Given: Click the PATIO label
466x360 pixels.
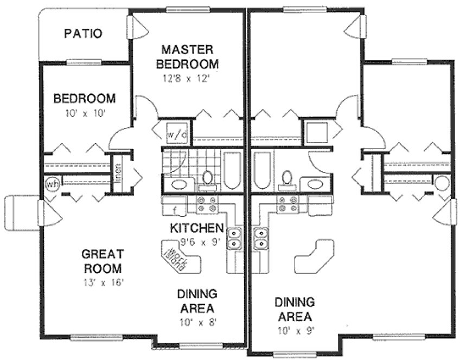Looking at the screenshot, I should [82, 34].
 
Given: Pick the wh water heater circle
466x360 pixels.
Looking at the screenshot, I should [53, 184].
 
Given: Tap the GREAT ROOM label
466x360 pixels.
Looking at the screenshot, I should [102, 261].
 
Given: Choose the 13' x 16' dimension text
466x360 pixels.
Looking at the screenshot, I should [102, 282].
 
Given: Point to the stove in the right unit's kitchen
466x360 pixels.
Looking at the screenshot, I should [287, 204].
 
